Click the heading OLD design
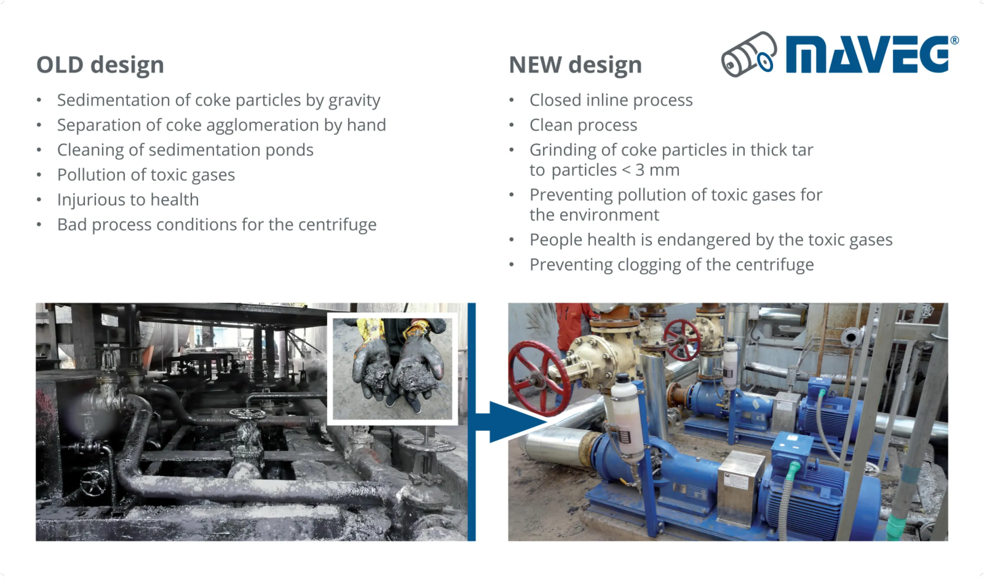coord(100,65)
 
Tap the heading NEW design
coord(575,65)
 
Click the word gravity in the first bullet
coord(354,101)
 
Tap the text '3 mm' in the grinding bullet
coord(658,170)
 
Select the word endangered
coord(703,240)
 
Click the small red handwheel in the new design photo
coord(682,339)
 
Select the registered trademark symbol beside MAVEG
coord(954,40)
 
